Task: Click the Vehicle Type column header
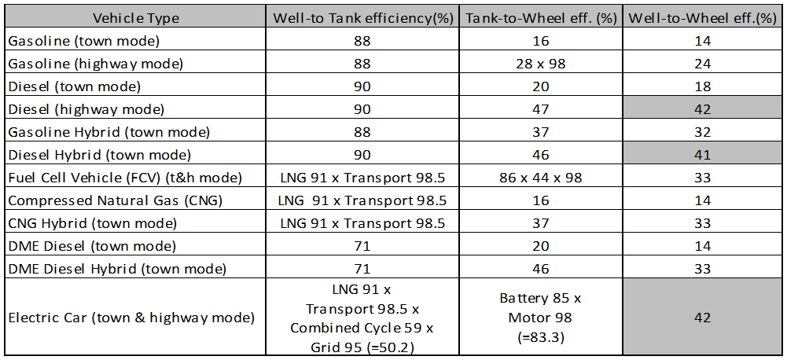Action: coord(135,17)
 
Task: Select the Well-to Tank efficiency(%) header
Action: coord(363,17)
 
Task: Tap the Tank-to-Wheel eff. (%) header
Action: coord(541,17)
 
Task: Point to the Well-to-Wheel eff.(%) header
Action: coord(702,17)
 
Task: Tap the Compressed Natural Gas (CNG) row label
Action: coord(116,200)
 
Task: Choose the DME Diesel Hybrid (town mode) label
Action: coord(117,269)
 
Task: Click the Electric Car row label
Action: coord(131,318)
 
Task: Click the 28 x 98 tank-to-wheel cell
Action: coord(541,64)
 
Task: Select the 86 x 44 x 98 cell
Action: coord(541,178)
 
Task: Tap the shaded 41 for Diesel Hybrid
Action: coord(703,155)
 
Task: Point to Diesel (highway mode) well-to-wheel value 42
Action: coord(703,109)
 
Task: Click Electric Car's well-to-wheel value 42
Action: coord(703,318)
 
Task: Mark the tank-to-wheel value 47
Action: coord(541,109)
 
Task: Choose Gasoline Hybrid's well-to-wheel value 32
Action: coord(703,132)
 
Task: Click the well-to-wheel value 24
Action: coord(703,64)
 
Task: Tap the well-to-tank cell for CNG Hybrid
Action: coord(362,223)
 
